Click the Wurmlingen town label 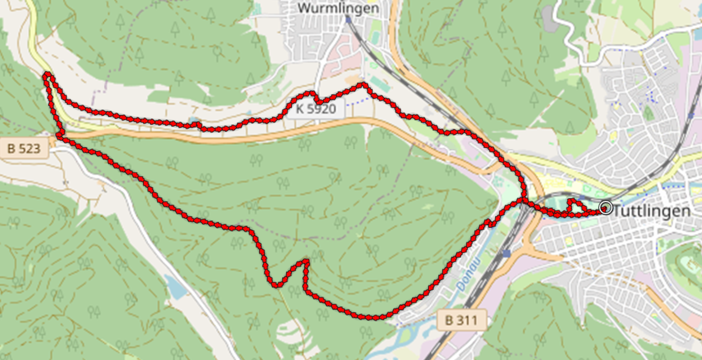click(338, 8)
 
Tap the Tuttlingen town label click(651, 211)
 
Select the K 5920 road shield click(316, 108)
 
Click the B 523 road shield click(24, 149)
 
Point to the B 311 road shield click(461, 320)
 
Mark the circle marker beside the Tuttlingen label click(606, 207)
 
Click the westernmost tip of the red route click(45, 76)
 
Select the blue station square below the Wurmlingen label click(348, 20)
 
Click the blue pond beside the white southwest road click(176, 287)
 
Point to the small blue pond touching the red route click(195, 120)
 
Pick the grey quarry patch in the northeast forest click(549, 19)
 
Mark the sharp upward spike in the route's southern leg click(306, 260)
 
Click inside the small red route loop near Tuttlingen click(576, 207)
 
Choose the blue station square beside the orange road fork click(507, 254)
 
